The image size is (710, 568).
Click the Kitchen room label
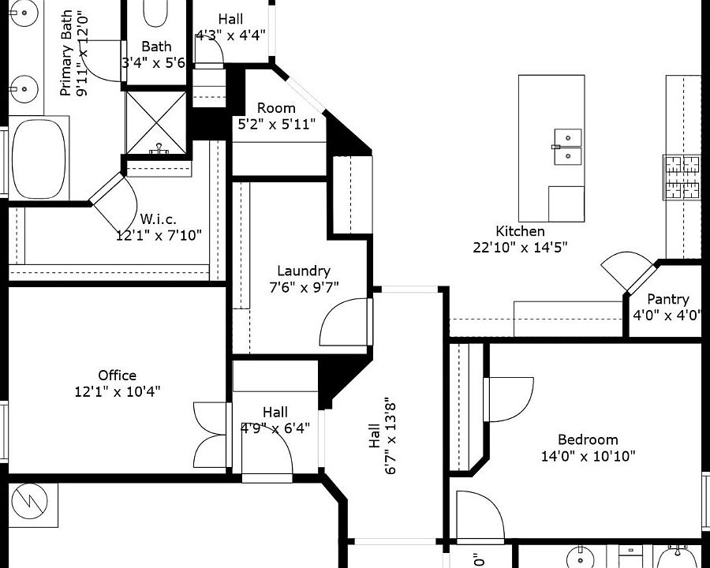[x=520, y=231]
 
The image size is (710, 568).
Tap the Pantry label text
[x=667, y=299]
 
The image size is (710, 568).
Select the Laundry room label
[x=304, y=271]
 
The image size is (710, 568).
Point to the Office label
[x=117, y=376]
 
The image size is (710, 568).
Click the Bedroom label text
[x=588, y=439]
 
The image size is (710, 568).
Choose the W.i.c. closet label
[x=158, y=219]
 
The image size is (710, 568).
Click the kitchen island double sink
[x=567, y=147]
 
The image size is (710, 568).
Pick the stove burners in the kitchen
[x=682, y=177]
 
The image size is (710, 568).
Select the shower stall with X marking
[x=156, y=123]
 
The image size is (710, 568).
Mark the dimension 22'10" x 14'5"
[x=520, y=247]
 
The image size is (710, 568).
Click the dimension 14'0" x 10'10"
[x=588, y=455]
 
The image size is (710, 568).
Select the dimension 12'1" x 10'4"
[x=117, y=391]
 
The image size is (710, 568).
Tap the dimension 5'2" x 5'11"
[x=276, y=124]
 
